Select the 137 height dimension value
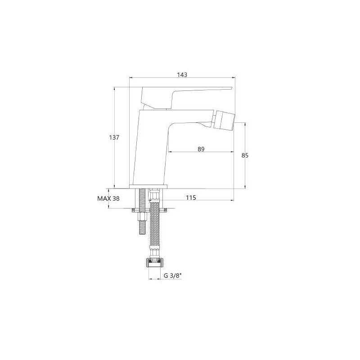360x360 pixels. [114, 138]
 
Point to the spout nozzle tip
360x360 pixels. [229, 122]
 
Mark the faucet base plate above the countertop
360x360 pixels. [148, 185]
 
